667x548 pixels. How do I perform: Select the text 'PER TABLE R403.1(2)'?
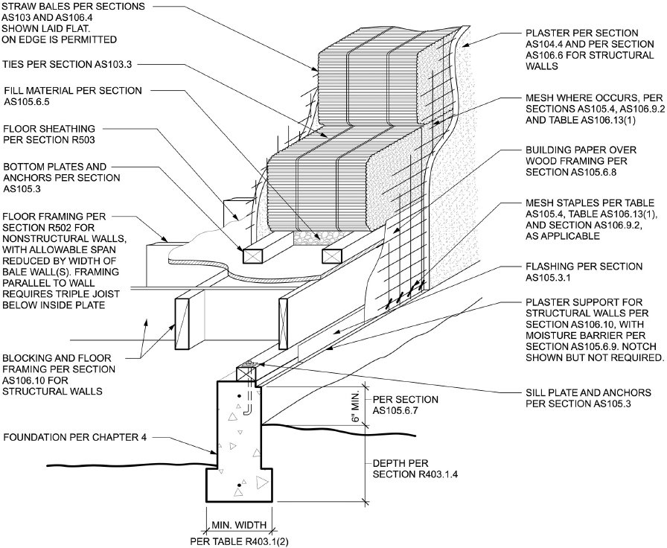click(x=239, y=541)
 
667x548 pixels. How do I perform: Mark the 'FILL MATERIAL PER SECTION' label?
click(x=72, y=90)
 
